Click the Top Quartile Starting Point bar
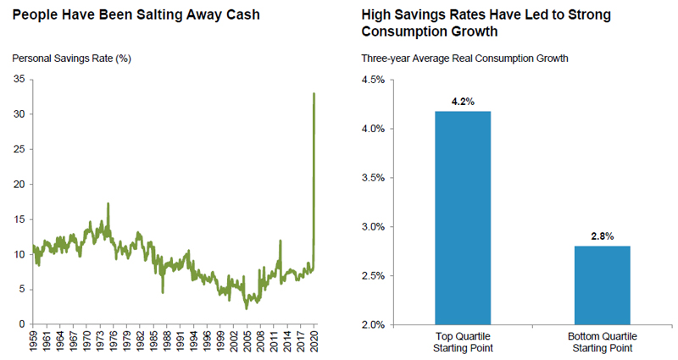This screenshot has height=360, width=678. coord(463,218)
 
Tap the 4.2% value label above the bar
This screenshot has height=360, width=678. coord(463,102)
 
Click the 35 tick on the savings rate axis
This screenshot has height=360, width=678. coord(18,80)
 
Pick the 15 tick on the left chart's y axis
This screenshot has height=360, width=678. coord(18,219)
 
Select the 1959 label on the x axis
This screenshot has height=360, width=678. coord(34,343)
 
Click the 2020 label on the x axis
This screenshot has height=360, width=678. coord(314,343)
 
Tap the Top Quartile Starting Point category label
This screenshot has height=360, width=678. coord(463,341)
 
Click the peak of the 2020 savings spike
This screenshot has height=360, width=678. coord(314,93)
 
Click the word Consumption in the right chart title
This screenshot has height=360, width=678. coord(403,31)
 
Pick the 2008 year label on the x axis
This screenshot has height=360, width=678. coord(259,343)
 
